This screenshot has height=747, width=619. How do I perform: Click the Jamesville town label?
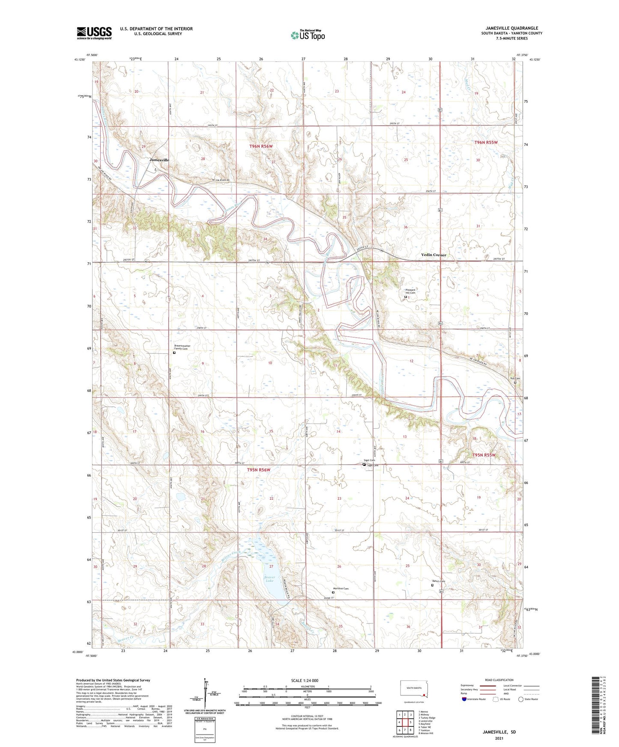[x=159, y=160]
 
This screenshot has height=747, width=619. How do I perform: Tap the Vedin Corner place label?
[x=434, y=255]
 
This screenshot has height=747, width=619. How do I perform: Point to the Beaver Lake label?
[x=269, y=578]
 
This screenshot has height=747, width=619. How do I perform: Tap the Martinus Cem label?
[x=341, y=589]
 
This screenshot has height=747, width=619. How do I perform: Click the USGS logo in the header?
[x=94, y=33]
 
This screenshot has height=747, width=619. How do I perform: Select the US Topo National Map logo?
[x=308, y=35]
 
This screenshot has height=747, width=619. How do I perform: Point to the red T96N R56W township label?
[x=261, y=146]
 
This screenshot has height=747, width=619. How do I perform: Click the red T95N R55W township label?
[x=484, y=455]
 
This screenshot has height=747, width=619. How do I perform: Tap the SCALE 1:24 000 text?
[x=305, y=680]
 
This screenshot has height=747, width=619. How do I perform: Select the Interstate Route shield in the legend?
[x=465, y=699]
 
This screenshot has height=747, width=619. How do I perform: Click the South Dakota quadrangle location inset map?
[x=413, y=690]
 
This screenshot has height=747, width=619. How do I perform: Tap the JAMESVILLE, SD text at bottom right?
[x=499, y=732]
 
